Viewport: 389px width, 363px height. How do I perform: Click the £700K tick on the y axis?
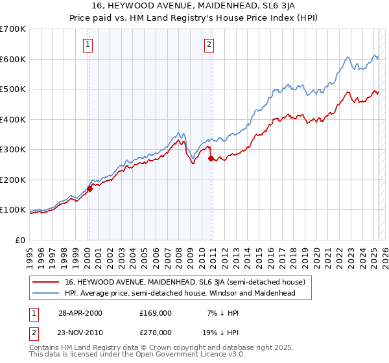[13, 29]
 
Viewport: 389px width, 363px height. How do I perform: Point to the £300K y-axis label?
[13, 150]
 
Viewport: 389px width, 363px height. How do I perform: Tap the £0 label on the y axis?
[21, 240]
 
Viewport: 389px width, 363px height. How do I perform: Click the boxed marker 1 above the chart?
[88, 45]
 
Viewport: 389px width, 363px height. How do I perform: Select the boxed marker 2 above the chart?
[209, 45]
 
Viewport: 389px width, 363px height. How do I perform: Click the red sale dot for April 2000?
[90, 189]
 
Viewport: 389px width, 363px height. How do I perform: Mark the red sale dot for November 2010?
[211, 158]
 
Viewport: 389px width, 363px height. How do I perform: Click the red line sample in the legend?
[45, 282]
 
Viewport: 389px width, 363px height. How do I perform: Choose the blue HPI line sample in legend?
[45, 293]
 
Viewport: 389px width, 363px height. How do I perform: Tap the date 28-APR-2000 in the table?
[79, 313]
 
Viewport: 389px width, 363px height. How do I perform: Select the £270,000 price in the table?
[155, 332]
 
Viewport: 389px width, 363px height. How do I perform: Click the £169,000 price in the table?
[155, 313]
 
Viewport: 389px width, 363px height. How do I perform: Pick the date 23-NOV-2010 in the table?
[80, 332]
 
